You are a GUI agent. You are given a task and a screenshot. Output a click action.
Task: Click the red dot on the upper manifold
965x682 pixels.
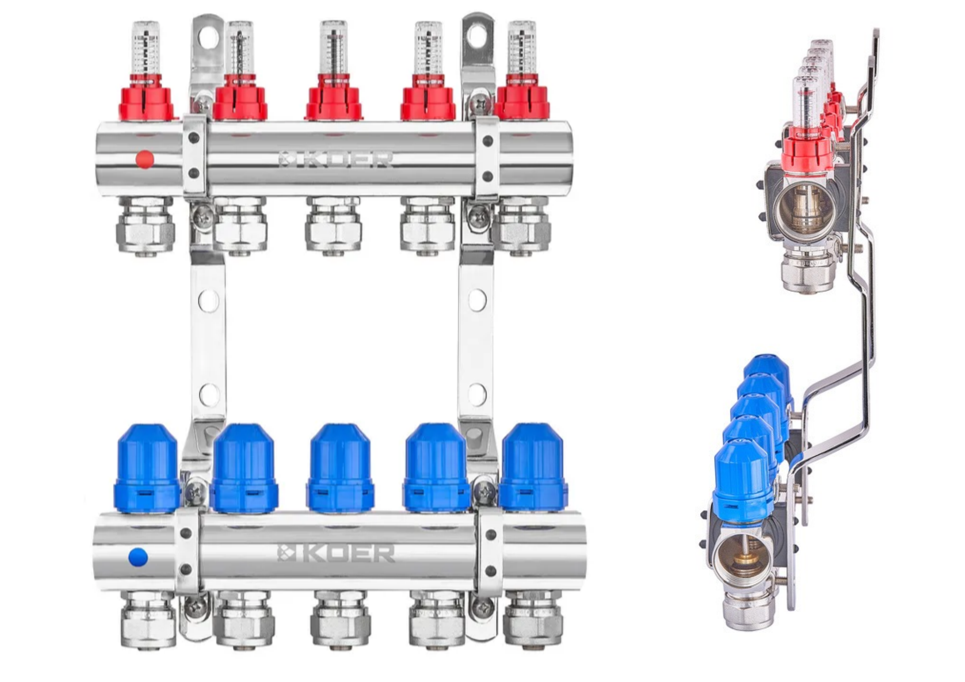coord(145,159)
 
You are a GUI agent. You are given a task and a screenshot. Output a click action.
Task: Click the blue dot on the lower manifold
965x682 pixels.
coord(138,557)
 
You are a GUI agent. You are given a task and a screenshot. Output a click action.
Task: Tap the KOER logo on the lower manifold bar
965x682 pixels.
coord(336,554)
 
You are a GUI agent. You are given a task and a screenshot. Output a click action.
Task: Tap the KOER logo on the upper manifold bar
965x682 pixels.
coord(336,160)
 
